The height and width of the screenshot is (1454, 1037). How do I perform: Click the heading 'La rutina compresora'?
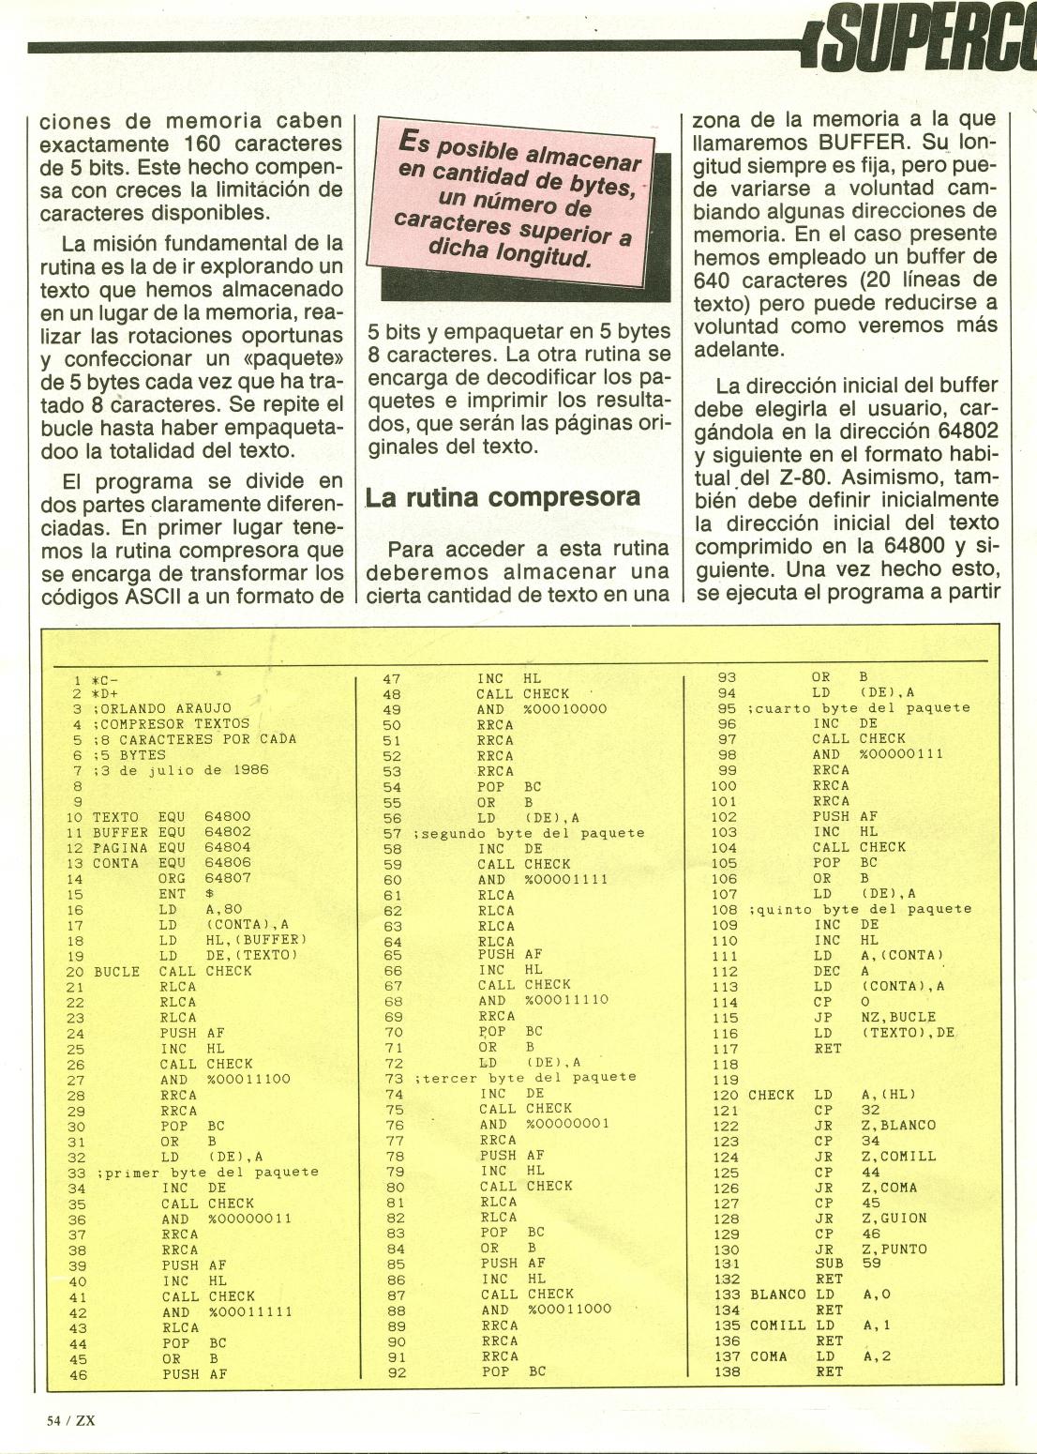503,496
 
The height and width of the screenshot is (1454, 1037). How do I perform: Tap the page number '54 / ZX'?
71,1419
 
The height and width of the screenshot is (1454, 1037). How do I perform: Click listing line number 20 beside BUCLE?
76,971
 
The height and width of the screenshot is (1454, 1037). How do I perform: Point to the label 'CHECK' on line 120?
771,1095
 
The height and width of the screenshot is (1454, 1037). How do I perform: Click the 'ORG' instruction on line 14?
172,879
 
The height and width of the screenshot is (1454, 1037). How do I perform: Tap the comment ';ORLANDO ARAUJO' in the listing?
161,708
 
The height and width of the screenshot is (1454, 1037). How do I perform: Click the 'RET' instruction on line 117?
828,1049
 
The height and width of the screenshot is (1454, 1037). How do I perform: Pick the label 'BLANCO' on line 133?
777,1295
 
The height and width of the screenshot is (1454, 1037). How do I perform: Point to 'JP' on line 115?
822,1017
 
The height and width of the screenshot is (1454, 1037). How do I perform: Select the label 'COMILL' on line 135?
777,1325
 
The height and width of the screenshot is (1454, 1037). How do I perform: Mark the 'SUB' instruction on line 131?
825,1264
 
